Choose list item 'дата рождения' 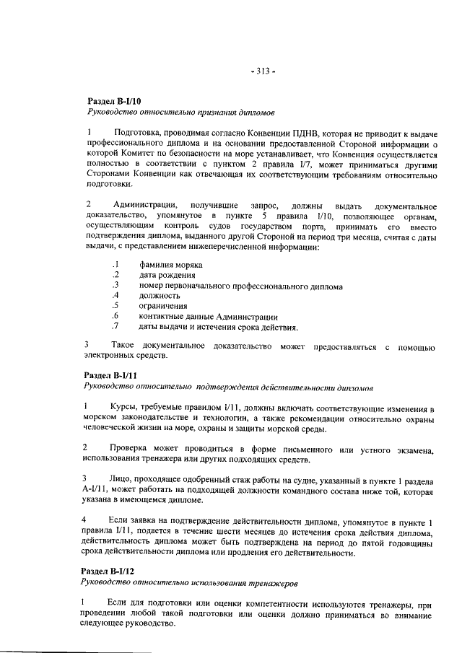167,276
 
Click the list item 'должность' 160,296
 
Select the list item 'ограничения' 164,306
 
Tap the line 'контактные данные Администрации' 209,316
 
